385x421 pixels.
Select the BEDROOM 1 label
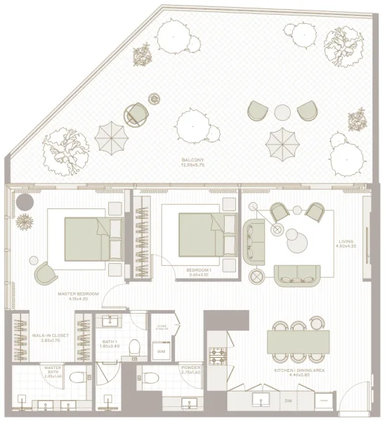click(x=199, y=270)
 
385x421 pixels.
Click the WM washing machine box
click(x=161, y=351)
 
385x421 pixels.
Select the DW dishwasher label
click(x=288, y=401)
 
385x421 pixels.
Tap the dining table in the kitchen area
click(x=297, y=342)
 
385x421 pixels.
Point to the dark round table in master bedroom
click(x=27, y=202)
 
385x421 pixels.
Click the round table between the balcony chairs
click(x=282, y=112)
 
